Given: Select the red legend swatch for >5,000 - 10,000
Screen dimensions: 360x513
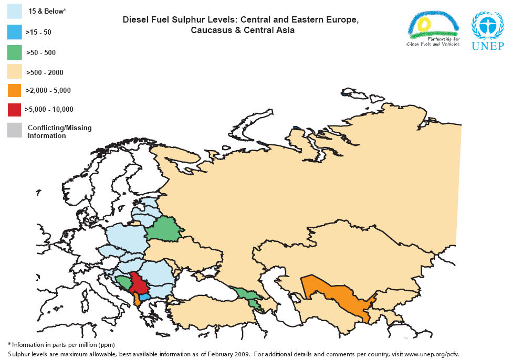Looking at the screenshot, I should pos(15,109).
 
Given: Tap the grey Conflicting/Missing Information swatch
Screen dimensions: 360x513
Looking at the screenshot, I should pos(15,130).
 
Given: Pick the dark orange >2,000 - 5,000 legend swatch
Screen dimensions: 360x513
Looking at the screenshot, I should pos(15,90).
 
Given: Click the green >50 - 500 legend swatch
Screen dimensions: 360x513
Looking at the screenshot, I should pos(15,52).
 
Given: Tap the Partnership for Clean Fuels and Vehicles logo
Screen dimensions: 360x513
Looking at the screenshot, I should pos(433,29).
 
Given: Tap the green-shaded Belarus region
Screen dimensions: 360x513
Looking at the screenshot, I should pos(163,229).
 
